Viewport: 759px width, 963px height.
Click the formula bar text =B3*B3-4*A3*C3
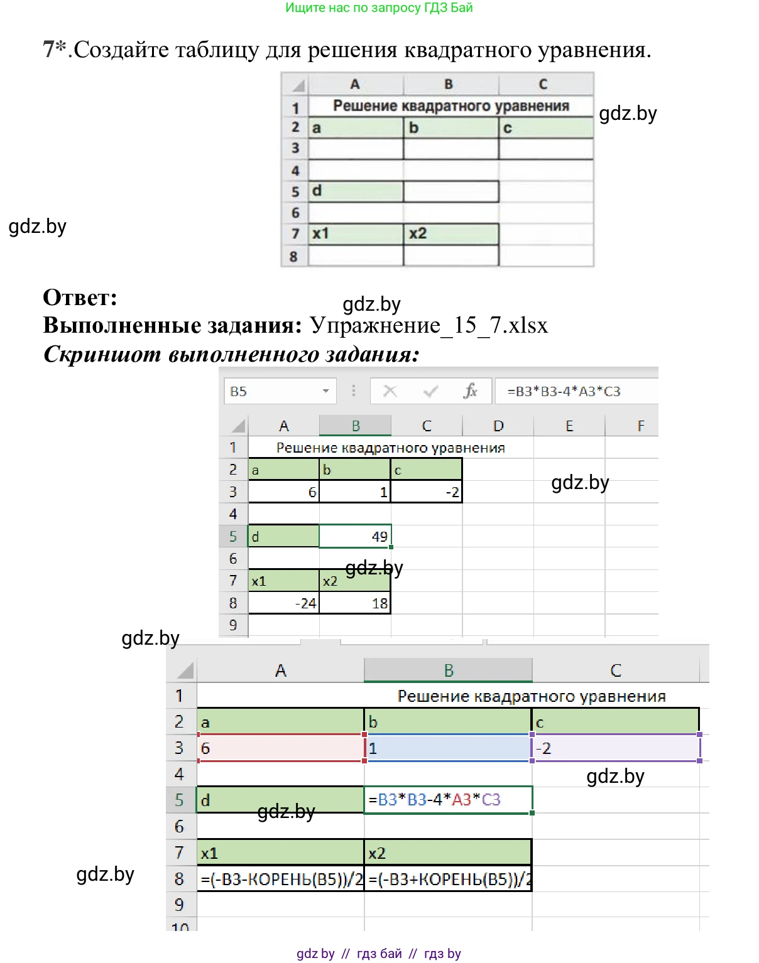pos(564,391)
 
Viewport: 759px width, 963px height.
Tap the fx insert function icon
pos(470,391)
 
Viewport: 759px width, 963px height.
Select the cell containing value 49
pos(356,536)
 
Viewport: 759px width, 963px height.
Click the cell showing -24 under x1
pos(284,603)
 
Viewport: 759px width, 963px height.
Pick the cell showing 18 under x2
pos(356,603)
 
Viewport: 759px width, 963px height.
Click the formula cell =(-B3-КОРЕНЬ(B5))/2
pos(281,879)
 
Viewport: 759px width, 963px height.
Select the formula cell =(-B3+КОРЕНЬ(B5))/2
pos(449,879)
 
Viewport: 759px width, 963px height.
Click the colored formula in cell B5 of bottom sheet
pos(435,800)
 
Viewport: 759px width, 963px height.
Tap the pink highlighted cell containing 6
pos(281,748)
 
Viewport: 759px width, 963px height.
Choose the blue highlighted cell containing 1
pos(449,748)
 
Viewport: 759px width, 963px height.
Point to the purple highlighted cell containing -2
pos(616,748)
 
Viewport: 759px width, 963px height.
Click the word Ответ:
pos(80,298)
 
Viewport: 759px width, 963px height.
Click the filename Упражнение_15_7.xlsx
pos(429,325)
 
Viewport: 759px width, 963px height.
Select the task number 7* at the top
pos(55,49)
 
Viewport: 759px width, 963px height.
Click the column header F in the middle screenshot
pos(641,426)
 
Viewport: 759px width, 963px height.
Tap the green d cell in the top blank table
pos(356,191)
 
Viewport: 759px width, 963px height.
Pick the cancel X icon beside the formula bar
pos(390,391)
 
